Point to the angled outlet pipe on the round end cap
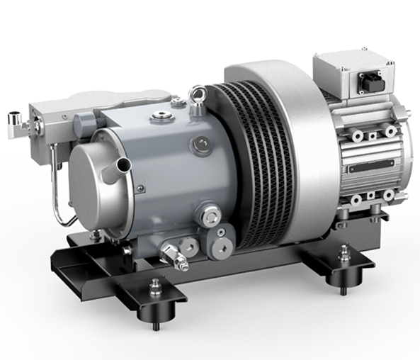120,167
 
